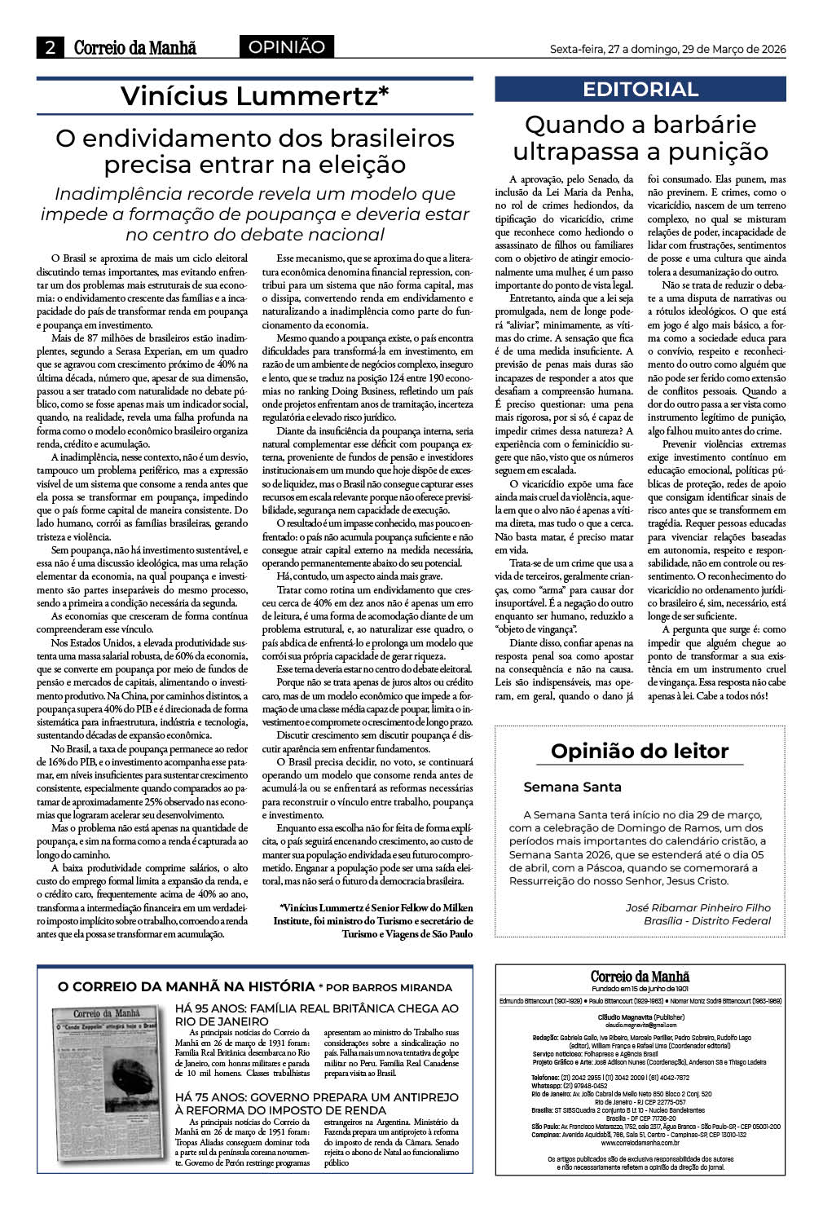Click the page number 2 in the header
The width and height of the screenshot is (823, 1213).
(x=50, y=48)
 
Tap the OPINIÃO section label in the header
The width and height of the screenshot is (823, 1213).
(x=286, y=47)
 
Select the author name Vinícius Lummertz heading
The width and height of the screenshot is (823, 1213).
(x=255, y=96)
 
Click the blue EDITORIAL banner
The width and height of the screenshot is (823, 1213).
(x=640, y=89)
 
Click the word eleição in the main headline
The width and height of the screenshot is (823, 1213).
(x=355, y=165)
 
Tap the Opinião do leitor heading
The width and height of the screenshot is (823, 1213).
(x=640, y=751)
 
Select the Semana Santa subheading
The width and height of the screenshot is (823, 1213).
(x=572, y=787)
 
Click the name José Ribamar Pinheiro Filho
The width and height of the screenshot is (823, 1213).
(x=698, y=907)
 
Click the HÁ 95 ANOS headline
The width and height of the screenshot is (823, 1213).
(x=317, y=1015)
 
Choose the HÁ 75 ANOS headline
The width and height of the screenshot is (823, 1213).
(x=317, y=1103)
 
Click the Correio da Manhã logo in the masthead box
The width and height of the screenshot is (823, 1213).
(x=640, y=977)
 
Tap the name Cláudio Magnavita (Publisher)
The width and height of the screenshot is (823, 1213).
(x=640, y=1018)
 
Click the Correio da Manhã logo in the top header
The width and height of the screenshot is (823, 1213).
(x=135, y=48)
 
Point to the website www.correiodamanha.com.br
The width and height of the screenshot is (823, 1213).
(x=640, y=1143)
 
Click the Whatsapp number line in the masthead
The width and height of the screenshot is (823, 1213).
(x=570, y=1086)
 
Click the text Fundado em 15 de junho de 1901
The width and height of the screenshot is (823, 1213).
(x=640, y=989)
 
